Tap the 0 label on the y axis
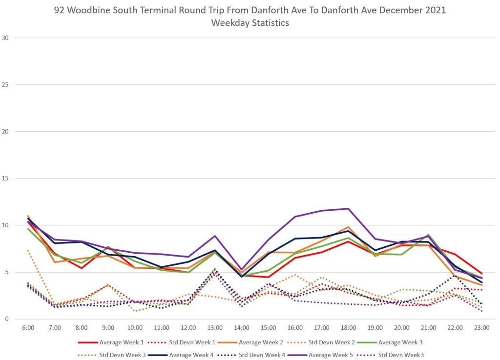coord(7,319)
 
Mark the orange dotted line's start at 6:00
coord(28,251)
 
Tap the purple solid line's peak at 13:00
coord(215,236)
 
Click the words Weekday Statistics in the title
coord(250,23)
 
